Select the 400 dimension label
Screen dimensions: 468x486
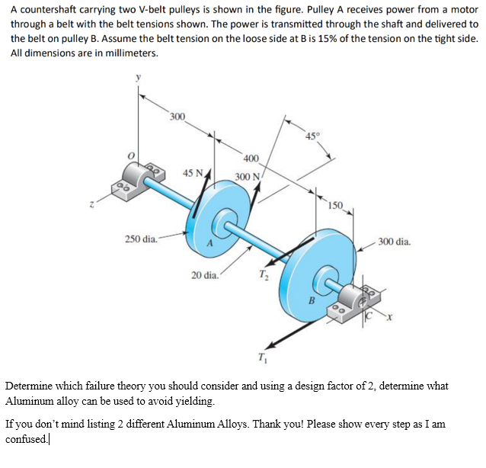[252, 158]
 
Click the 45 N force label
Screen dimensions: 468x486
[193, 172]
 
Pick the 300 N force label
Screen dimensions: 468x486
[248, 177]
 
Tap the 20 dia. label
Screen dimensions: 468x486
[206, 274]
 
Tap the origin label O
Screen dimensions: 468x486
[131, 155]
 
